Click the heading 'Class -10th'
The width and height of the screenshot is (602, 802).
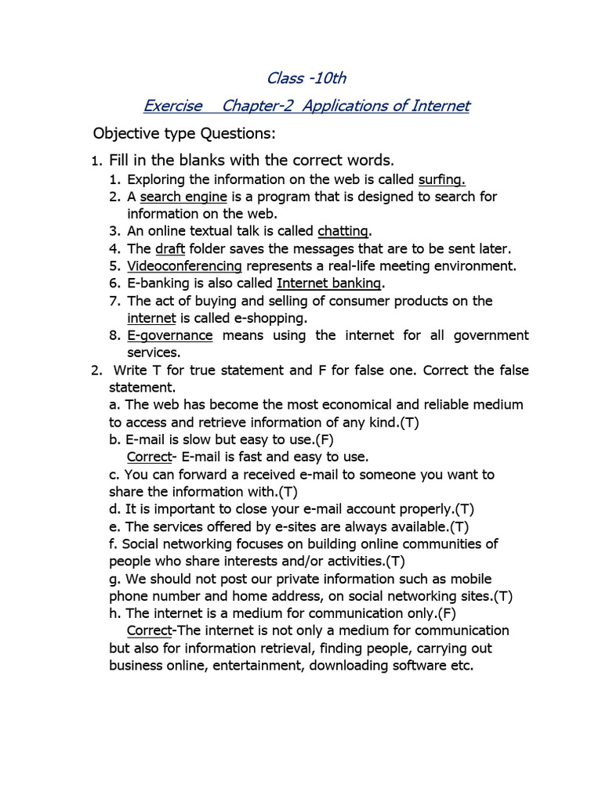(x=306, y=78)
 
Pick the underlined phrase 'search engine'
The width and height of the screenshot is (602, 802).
(x=183, y=197)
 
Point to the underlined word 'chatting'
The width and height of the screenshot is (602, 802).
(x=343, y=231)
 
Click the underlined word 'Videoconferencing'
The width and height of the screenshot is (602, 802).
(x=184, y=266)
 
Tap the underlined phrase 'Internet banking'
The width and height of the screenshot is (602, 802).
(x=330, y=283)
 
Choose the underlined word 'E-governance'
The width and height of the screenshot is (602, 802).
(x=170, y=335)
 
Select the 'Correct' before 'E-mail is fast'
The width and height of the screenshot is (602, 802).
(x=149, y=457)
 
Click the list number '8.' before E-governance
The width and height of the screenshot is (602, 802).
(x=115, y=335)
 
